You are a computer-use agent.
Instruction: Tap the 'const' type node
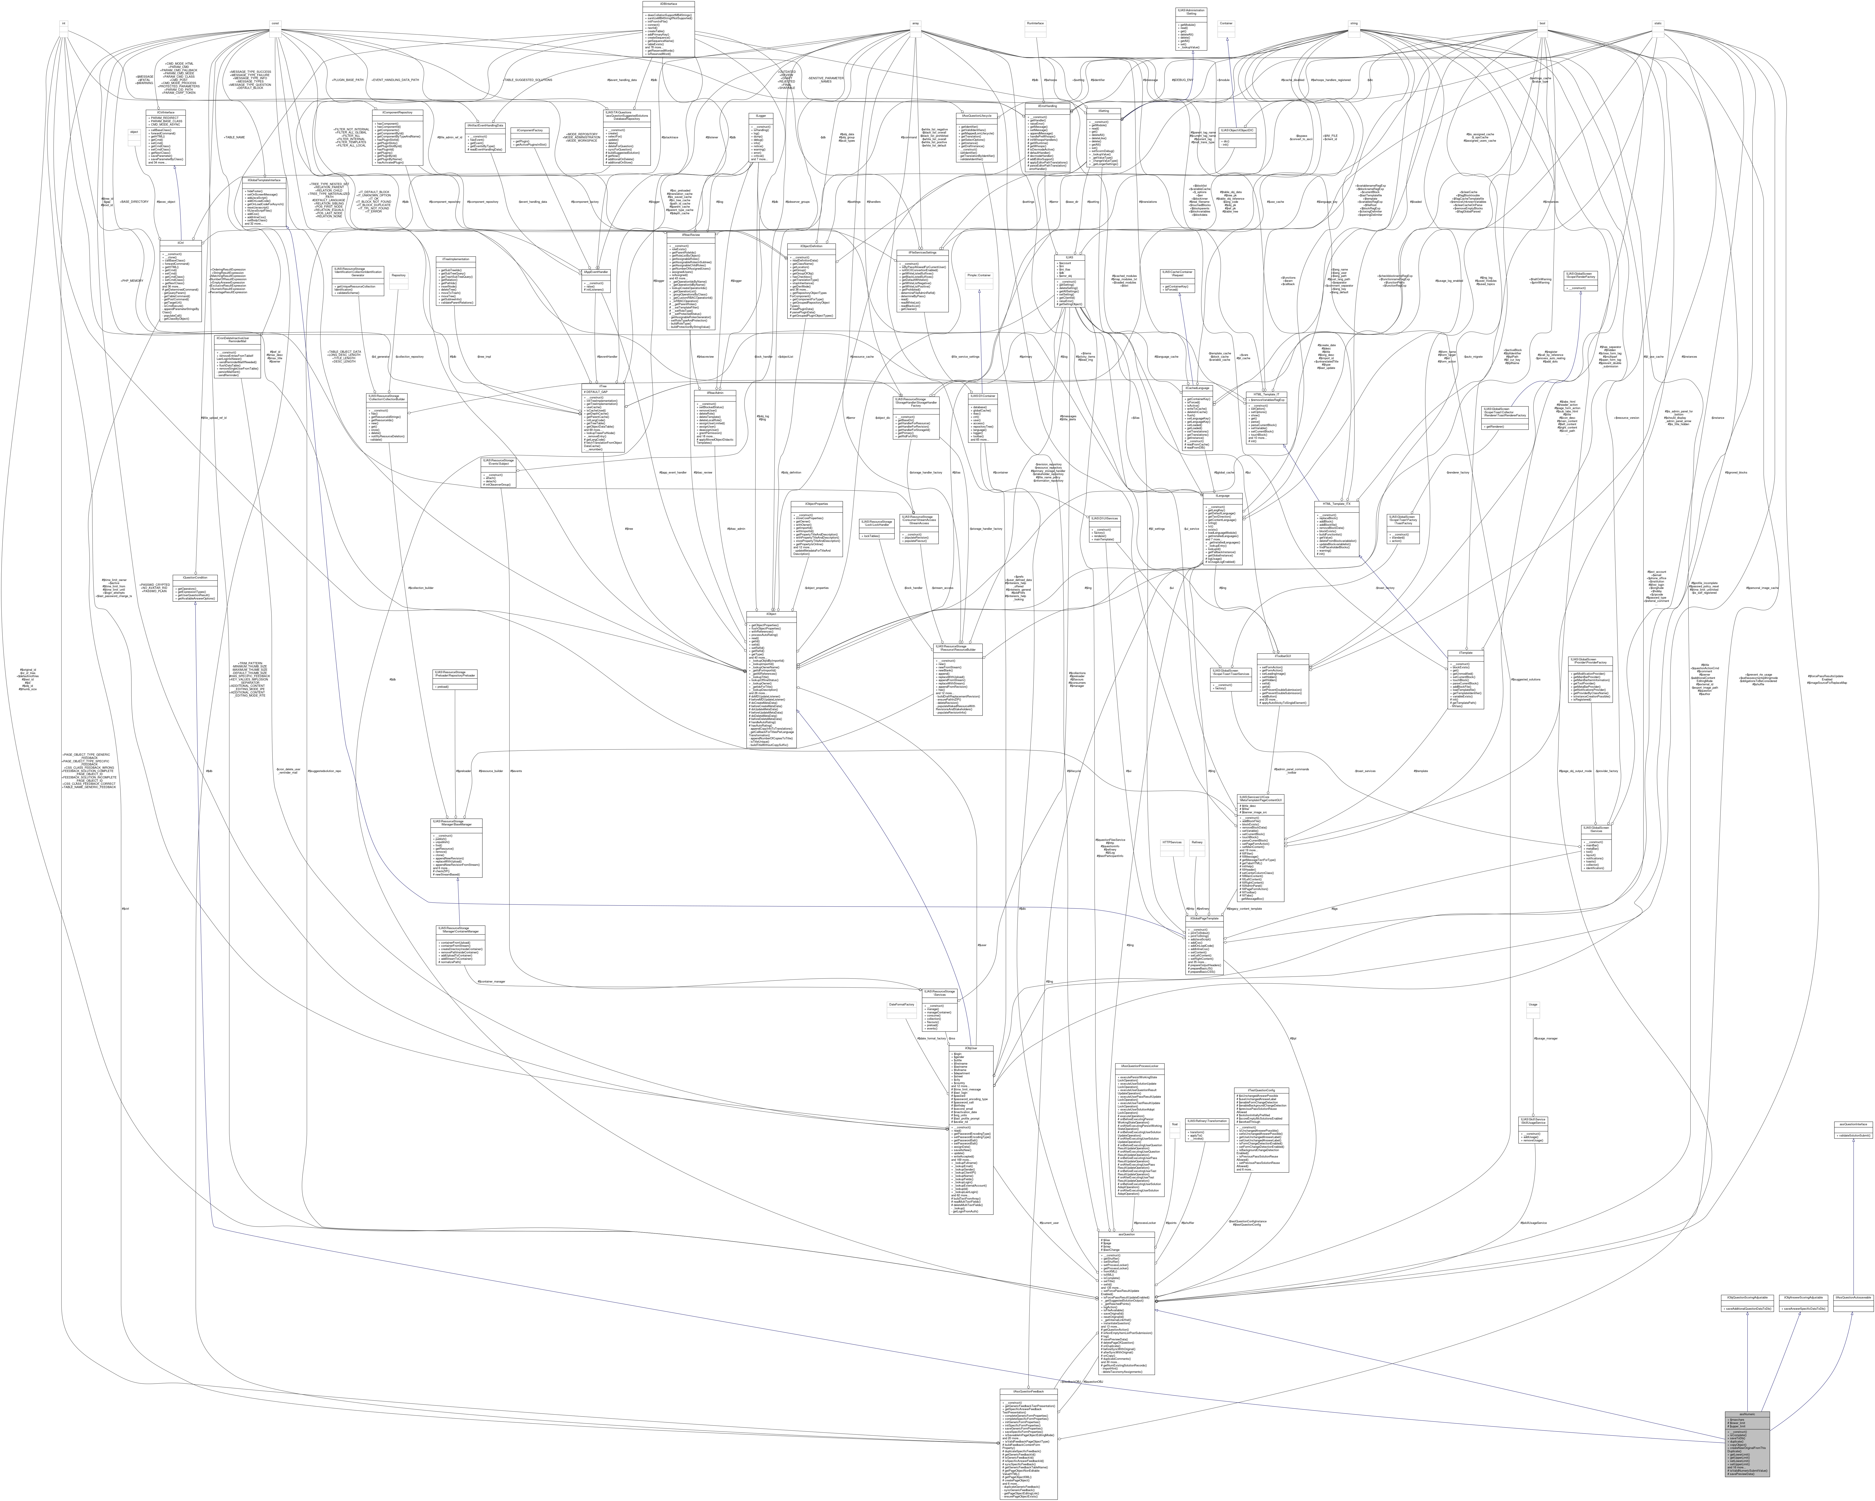275,23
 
